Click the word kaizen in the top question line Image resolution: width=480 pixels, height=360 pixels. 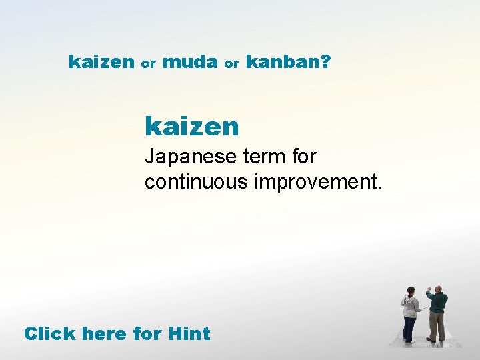(101, 63)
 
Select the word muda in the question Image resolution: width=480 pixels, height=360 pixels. (190, 63)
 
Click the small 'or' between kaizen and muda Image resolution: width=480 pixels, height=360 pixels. (149, 65)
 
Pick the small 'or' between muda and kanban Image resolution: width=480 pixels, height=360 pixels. (231, 65)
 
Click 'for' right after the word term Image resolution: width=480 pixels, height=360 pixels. (303, 157)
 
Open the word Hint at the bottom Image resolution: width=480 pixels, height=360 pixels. (189, 333)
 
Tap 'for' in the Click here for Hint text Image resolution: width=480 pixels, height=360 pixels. (147, 333)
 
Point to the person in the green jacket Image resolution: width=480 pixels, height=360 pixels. (437, 313)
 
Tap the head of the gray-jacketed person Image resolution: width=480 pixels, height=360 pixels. (411, 291)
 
